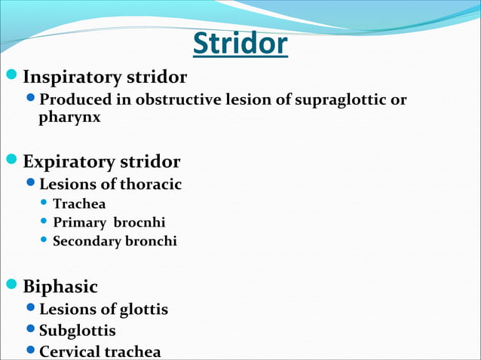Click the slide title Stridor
[240, 44]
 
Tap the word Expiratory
[69, 162]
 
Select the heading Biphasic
[60, 287]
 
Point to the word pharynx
[69, 117]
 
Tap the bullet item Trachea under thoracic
[79, 203]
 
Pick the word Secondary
[81, 241]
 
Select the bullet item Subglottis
[78, 331]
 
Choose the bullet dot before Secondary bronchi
[44, 240]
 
